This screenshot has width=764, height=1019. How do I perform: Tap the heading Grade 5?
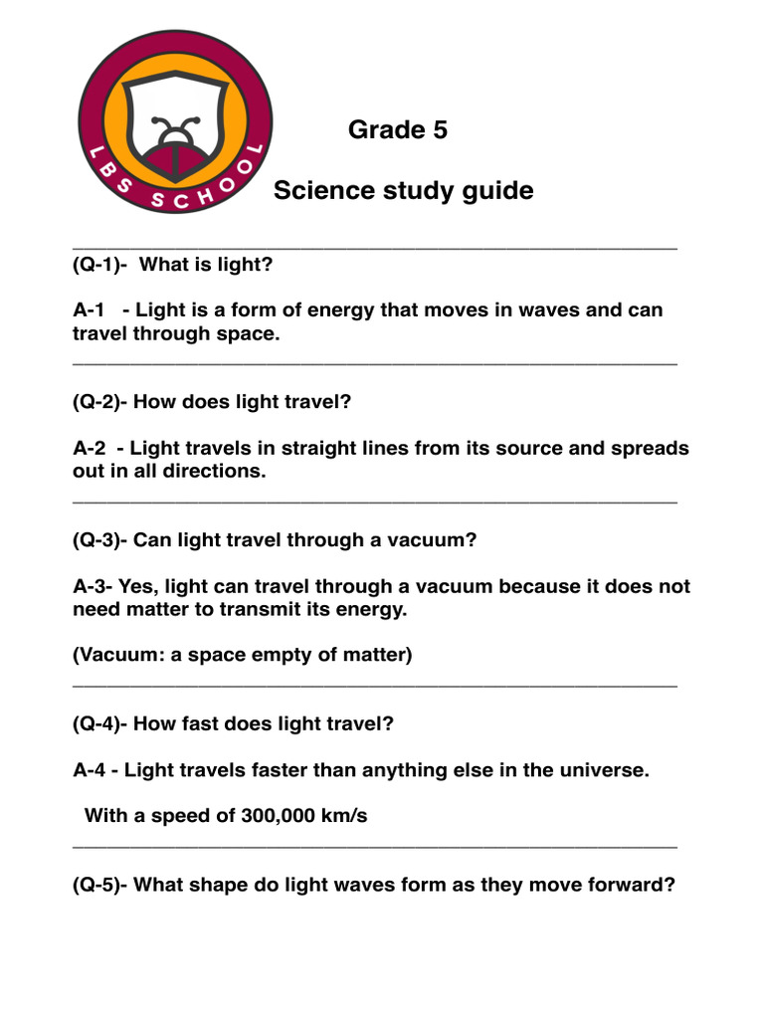point(398,129)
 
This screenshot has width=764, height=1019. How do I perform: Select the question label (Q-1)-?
point(100,265)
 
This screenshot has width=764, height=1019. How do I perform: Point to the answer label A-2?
point(90,448)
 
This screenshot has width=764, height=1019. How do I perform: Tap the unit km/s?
point(344,816)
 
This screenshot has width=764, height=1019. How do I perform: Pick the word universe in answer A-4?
point(604,769)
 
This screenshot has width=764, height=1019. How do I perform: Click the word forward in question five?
point(633,884)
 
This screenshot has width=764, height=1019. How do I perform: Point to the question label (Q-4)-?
point(100,723)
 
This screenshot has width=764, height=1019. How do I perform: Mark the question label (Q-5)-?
point(100,884)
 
